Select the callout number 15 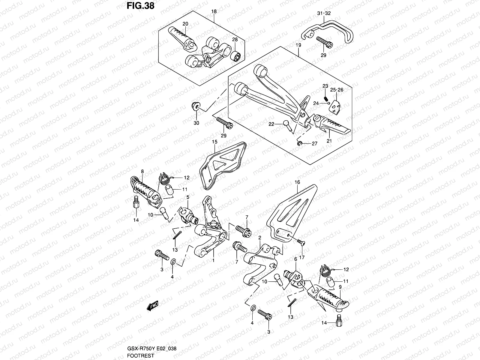point(214,141)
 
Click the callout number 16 point(297,182)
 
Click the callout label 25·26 point(337,90)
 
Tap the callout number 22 point(271,124)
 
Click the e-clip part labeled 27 point(299,143)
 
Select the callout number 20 point(185,24)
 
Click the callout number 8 point(142,171)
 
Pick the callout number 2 point(260,237)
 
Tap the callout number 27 point(314,144)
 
